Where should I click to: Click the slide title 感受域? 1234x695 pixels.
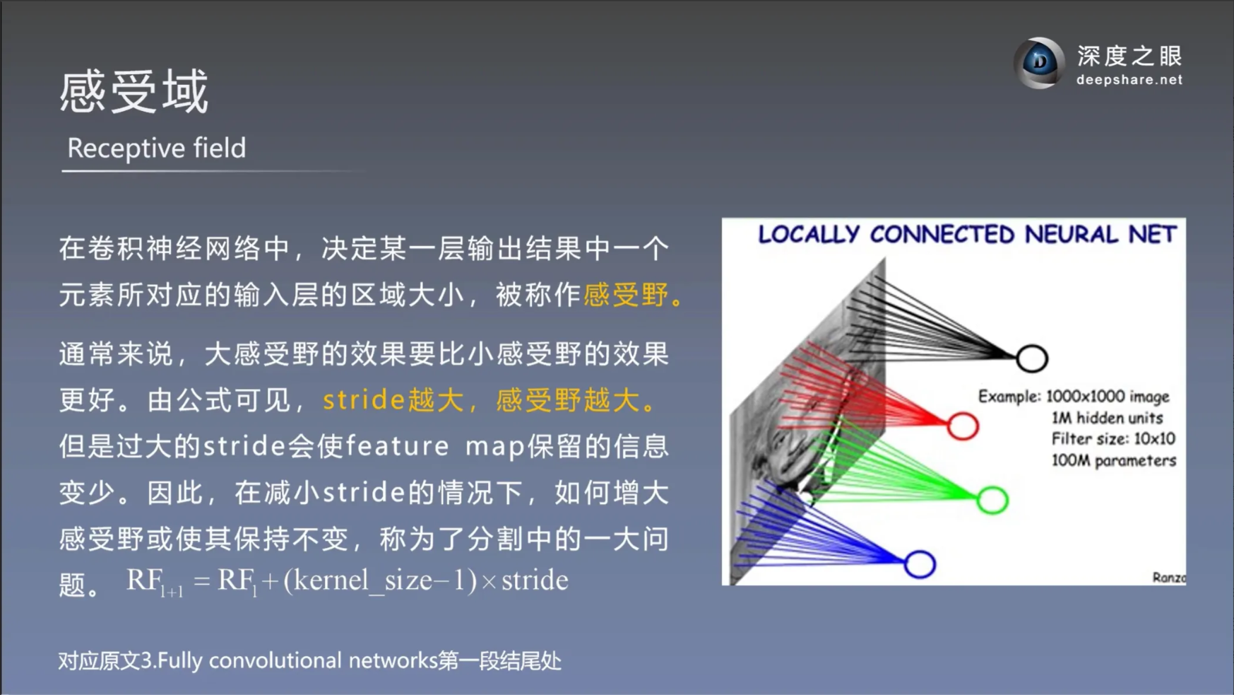tap(134, 92)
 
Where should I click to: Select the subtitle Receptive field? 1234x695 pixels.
tap(156, 148)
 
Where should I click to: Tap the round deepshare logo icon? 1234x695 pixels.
tap(1038, 64)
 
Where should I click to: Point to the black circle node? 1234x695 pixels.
tap(1031, 358)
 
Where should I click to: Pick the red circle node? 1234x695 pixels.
tap(962, 426)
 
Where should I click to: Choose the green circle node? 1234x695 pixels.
tap(992, 500)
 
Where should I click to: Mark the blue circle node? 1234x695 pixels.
tap(919, 564)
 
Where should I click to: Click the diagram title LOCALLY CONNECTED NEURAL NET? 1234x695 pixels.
tap(967, 235)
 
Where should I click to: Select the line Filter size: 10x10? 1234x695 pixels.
tap(1113, 439)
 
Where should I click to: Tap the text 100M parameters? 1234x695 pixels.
tap(1113, 461)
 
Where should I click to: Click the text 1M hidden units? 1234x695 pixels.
tap(1106, 418)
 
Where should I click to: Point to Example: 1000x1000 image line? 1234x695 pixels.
tap(1073, 397)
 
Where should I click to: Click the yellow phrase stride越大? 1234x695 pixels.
tap(393, 400)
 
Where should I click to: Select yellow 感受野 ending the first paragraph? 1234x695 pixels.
tap(626, 295)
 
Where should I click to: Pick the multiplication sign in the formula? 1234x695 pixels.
tap(488, 581)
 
